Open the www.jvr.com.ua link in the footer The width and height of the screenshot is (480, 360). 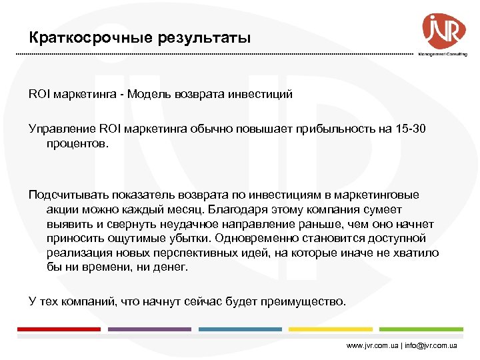pyautogui.click(x=373, y=346)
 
